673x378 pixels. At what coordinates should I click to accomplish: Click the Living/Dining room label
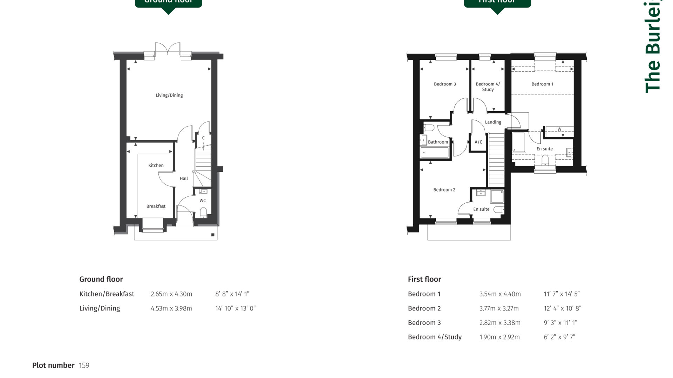169,95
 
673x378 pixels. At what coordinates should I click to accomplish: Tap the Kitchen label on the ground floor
156,165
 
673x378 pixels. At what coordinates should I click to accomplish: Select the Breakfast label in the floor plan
156,206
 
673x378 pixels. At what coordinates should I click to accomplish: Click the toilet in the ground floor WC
203,212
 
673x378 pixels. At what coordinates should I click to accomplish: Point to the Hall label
184,178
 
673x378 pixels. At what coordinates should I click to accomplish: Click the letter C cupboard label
203,138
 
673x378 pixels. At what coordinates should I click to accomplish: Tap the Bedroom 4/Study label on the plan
488,86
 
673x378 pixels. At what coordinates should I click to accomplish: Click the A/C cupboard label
478,142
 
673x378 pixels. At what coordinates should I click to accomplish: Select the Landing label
493,122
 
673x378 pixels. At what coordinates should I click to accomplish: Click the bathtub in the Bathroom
435,153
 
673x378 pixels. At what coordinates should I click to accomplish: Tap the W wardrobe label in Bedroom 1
559,129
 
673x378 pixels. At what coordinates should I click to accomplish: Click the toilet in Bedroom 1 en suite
545,161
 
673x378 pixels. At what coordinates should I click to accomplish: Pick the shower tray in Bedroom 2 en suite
497,196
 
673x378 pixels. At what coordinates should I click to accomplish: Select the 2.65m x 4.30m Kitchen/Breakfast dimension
171,294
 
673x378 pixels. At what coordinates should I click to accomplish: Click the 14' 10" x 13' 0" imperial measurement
235,308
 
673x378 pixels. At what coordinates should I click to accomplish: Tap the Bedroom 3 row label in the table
424,323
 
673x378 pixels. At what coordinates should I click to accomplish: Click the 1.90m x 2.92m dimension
499,337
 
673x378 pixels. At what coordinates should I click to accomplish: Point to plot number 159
84,365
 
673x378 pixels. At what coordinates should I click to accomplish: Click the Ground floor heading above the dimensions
101,279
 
